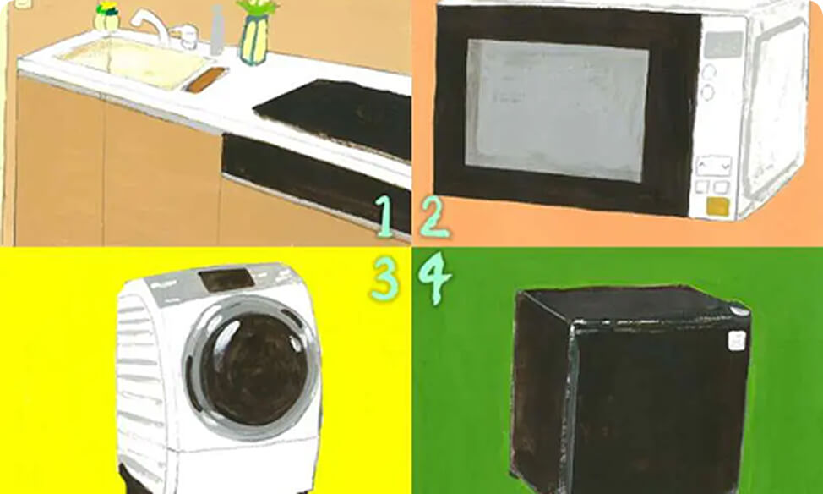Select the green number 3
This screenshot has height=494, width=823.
click(384, 278)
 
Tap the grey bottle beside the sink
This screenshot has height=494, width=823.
click(217, 30)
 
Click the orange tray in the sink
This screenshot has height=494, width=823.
click(206, 80)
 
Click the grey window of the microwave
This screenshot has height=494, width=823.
click(556, 110)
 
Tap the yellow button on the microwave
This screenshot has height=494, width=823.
click(717, 206)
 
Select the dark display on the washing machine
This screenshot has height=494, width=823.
click(226, 280)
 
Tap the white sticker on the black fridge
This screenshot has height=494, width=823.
click(737, 340)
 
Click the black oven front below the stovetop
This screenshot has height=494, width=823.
click(315, 180)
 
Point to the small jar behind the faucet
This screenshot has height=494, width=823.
click(106, 17)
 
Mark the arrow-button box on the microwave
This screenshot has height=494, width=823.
click(713, 166)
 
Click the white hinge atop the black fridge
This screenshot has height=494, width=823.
click(739, 310)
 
